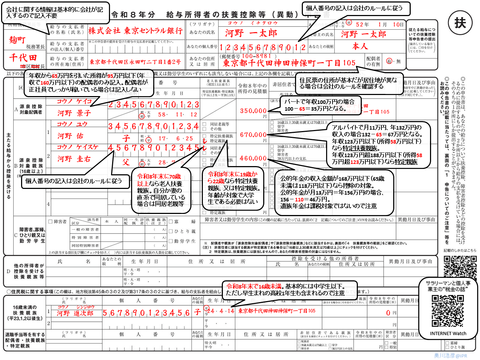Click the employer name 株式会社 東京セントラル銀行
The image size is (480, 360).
click(x=135, y=31)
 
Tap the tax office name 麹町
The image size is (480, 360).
click(x=17, y=40)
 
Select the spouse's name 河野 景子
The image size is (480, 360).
click(x=74, y=113)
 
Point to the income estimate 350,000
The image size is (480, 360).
click(x=253, y=111)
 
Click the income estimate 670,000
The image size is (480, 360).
click(x=253, y=135)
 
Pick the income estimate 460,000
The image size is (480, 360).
click(x=253, y=158)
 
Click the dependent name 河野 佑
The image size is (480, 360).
click(x=70, y=136)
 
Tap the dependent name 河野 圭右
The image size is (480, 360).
click(x=74, y=159)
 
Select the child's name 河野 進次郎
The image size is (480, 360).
click(x=75, y=313)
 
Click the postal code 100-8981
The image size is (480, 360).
click(x=256, y=56)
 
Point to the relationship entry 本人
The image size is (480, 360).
click(x=360, y=46)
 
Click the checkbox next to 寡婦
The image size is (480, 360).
click(x=171, y=222)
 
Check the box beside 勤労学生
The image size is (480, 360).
click(x=171, y=241)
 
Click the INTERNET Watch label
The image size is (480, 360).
click(x=448, y=334)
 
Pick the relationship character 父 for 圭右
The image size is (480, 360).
click(x=126, y=162)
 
